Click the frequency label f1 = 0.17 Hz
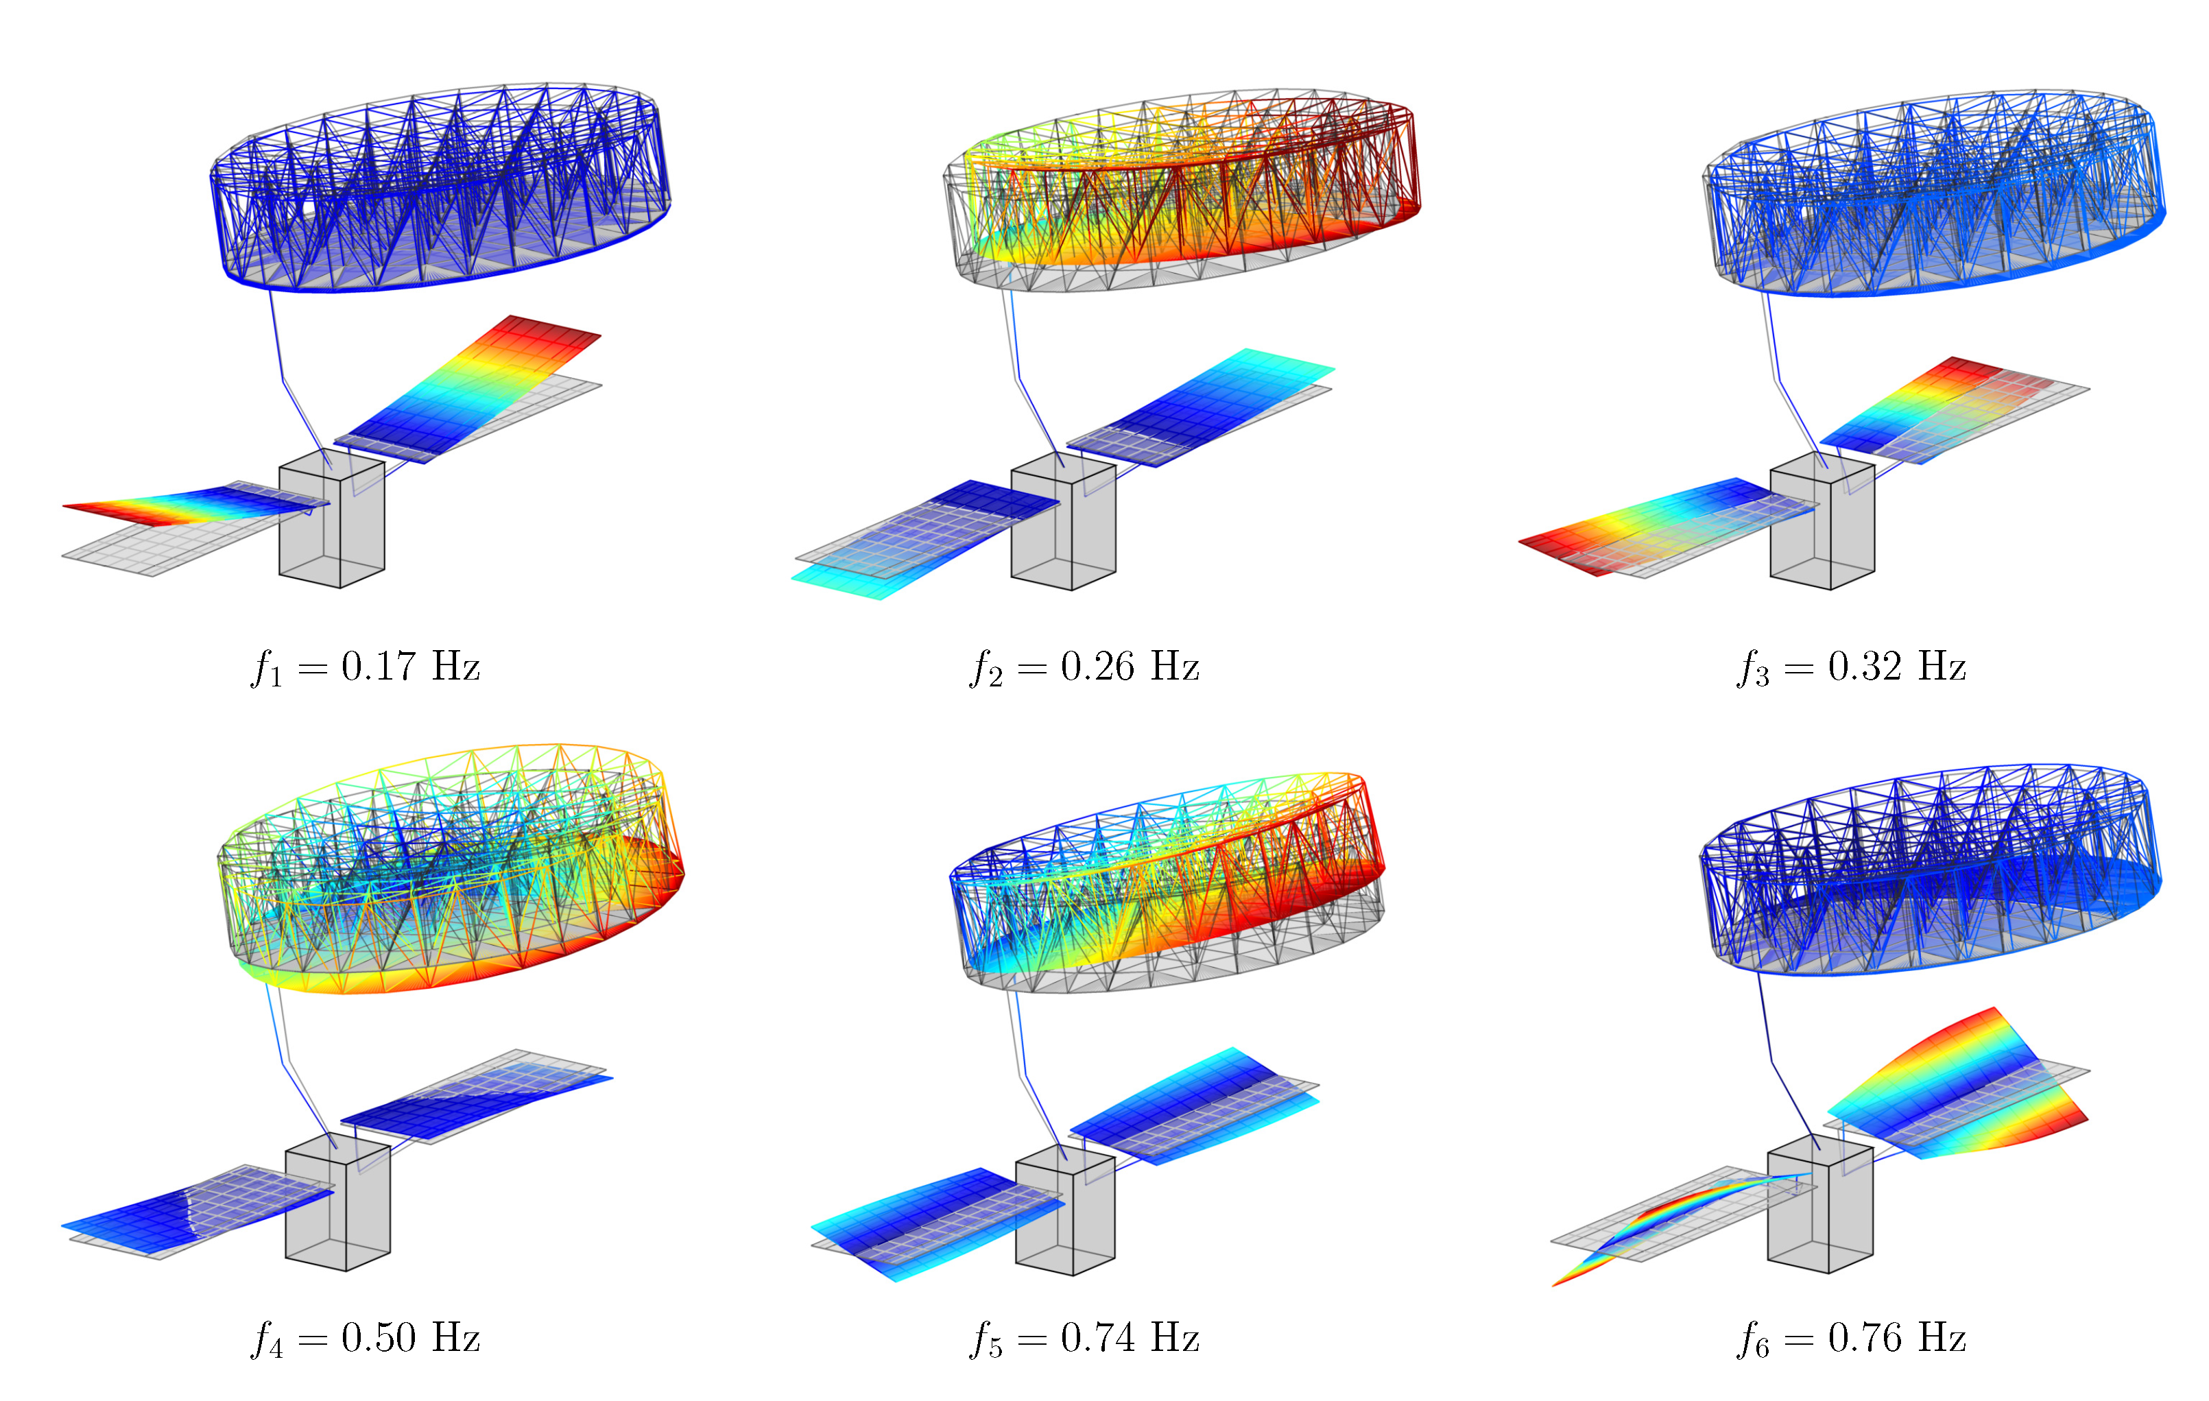(x=365, y=667)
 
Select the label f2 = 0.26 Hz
(x=1085, y=667)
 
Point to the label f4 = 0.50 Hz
(x=365, y=1339)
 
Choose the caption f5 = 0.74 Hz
(x=1085, y=1339)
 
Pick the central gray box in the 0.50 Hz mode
(x=339, y=1203)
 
